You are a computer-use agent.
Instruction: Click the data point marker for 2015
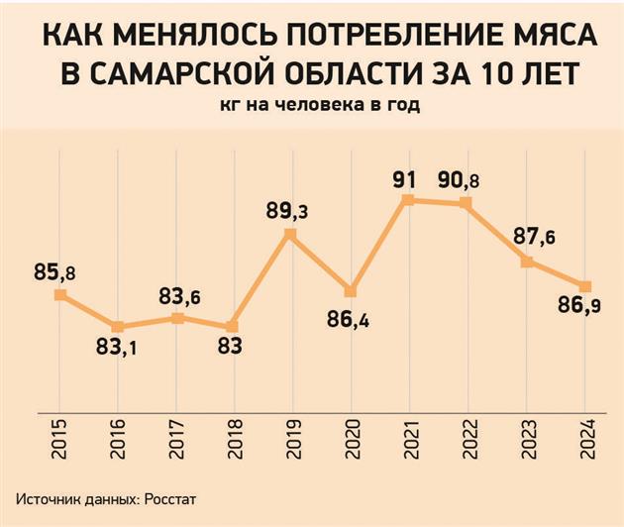click(60, 294)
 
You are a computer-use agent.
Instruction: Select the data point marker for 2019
click(290, 235)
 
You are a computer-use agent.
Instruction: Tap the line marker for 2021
click(408, 200)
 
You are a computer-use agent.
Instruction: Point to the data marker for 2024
click(585, 286)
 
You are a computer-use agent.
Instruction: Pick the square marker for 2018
click(232, 327)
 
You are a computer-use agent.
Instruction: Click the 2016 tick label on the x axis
click(118, 434)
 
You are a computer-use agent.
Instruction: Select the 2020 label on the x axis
click(350, 434)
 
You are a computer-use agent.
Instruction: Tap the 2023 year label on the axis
click(527, 434)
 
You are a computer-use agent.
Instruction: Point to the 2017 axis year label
click(175, 434)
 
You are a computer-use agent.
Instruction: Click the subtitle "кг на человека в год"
click(312, 106)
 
